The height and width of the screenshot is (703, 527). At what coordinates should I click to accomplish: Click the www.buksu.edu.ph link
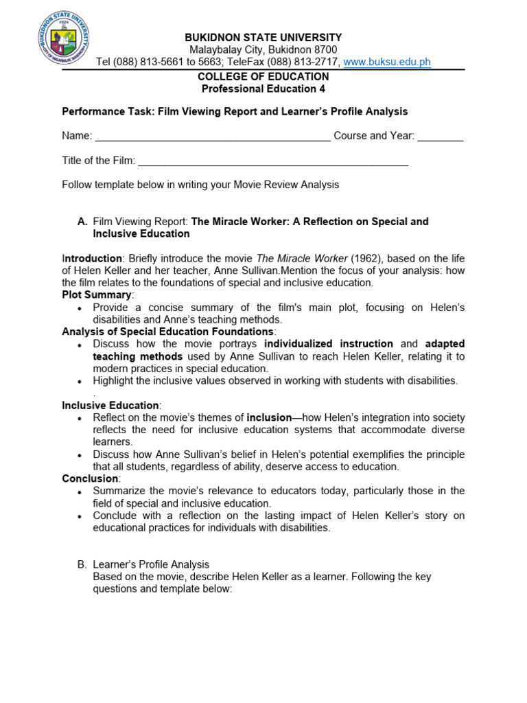coord(387,62)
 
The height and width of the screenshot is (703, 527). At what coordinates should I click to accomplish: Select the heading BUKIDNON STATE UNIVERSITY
coord(263,37)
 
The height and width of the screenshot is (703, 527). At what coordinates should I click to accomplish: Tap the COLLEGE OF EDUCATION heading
coord(263,76)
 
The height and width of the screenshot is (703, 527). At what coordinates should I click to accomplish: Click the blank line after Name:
coord(213,136)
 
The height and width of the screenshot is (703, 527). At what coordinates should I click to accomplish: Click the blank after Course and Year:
coord(441,136)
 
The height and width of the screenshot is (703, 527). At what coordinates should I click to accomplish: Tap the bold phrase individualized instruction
coord(329,344)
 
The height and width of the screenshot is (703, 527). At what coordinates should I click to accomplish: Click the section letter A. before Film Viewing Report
coord(82,222)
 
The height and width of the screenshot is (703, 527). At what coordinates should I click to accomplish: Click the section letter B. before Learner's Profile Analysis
coord(82,564)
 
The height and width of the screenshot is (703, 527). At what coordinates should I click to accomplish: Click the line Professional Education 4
coord(263,89)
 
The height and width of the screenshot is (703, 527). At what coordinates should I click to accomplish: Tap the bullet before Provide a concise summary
coord(80,308)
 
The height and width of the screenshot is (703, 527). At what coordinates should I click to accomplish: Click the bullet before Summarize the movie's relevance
coord(80,492)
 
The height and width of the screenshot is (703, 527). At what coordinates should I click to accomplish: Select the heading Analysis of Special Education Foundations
coord(168,332)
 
